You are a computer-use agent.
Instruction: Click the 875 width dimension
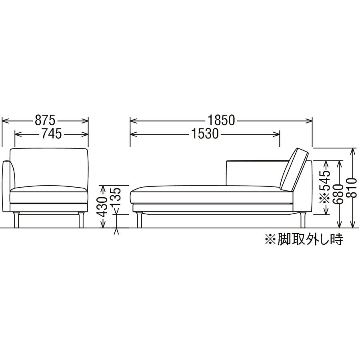coord(45,120)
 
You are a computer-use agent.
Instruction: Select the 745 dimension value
coord(52,134)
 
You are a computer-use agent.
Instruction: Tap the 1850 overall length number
coord(221,120)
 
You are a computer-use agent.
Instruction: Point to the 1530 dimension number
coord(205,134)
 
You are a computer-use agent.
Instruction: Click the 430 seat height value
coord(102,207)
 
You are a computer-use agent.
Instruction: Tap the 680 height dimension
coord(338,194)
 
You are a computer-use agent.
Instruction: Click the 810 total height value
coord(352,188)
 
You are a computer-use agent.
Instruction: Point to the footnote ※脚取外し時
coord(304,240)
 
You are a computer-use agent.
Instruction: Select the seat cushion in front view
coord(49,194)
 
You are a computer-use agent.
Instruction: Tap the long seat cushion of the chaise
coord(212,194)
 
